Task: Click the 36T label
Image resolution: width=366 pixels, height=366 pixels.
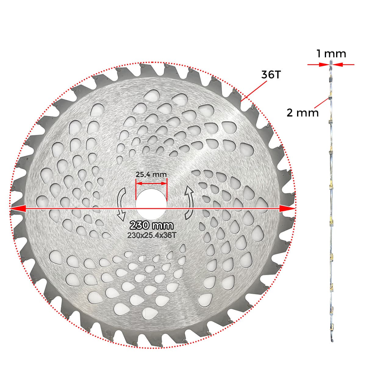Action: [270, 75]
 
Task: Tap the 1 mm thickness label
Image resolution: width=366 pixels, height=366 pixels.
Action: [331, 54]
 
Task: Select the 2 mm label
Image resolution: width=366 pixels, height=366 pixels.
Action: [302, 113]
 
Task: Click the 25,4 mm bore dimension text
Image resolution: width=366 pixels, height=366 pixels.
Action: [151, 175]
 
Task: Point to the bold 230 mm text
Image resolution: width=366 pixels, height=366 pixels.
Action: [152, 226]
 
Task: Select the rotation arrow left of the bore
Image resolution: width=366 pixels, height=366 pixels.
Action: [121, 204]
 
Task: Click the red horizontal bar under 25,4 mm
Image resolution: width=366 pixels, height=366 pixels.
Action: [152, 184]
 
